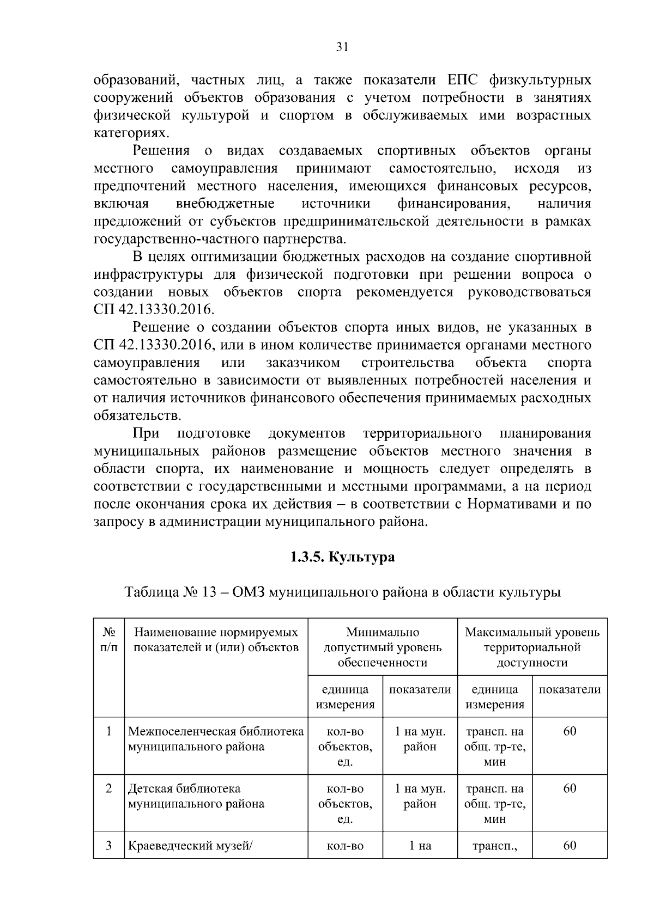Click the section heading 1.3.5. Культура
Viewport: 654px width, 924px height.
tap(342, 558)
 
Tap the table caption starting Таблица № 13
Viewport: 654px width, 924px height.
tap(342, 592)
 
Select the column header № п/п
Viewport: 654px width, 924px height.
tap(109, 640)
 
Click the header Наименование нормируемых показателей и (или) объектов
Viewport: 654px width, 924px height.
tap(216, 640)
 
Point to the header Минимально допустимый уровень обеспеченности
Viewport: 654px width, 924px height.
tap(383, 647)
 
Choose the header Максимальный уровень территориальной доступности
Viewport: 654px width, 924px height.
tap(532, 647)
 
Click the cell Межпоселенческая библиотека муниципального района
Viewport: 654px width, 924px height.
tap(216, 739)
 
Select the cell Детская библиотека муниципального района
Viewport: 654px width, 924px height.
tap(196, 796)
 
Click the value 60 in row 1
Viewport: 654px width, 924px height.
tap(570, 731)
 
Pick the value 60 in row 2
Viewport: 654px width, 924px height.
tap(570, 788)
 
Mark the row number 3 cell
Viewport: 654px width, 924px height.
tap(109, 846)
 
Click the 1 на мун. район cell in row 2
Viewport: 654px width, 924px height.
tap(420, 796)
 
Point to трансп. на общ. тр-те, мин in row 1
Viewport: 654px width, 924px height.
tap(494, 746)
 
